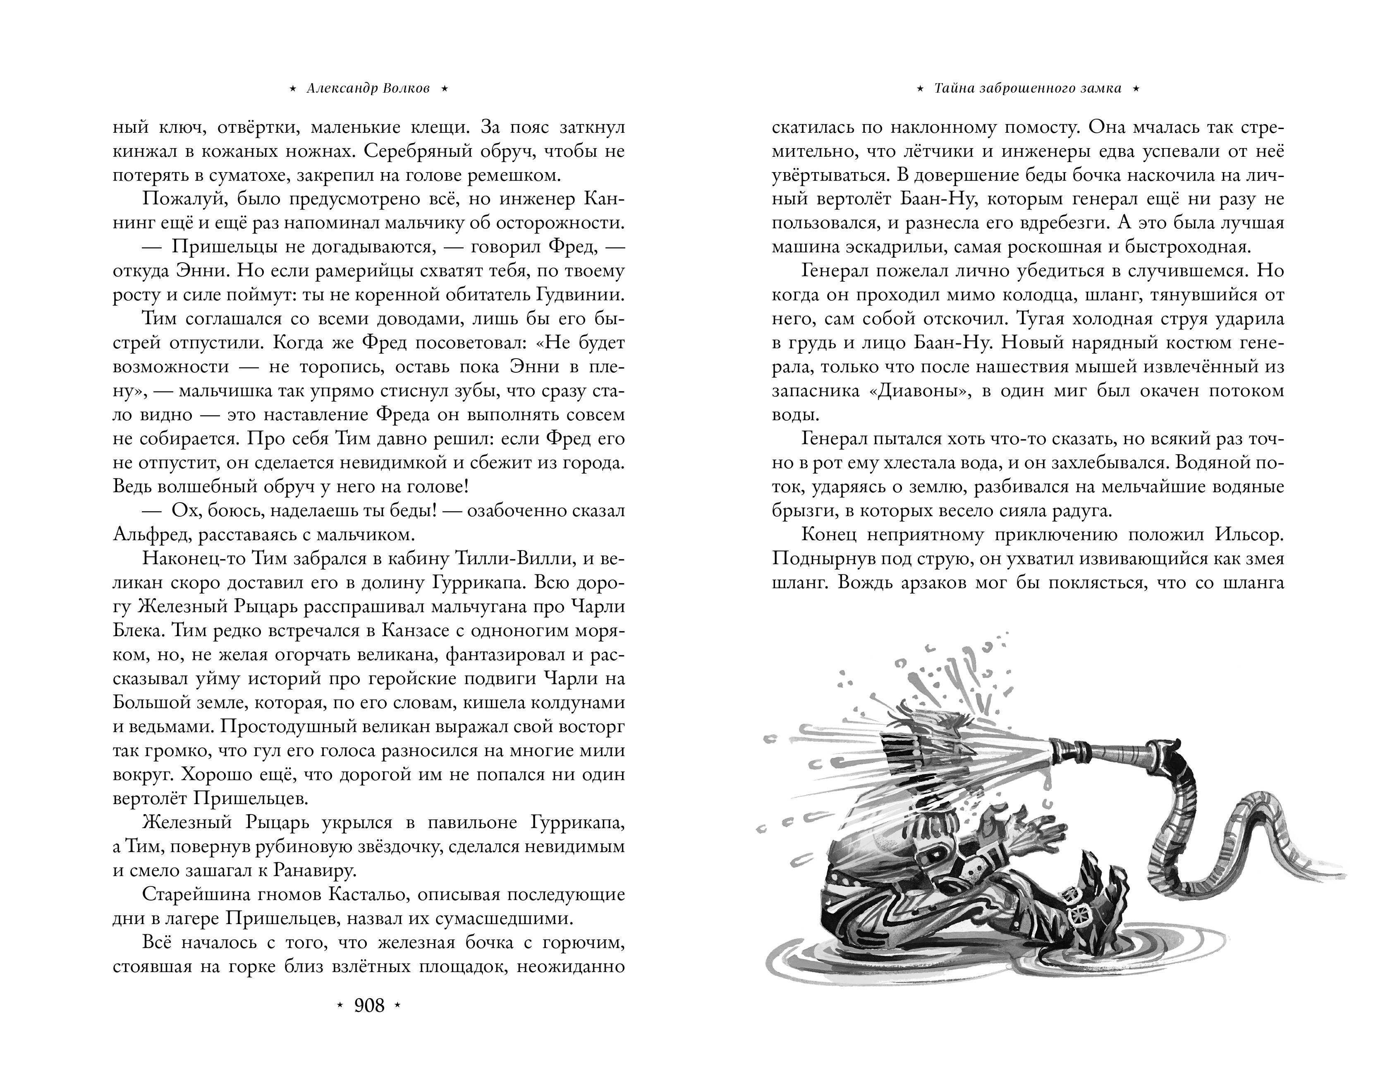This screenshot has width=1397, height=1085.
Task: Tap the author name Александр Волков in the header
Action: point(368,89)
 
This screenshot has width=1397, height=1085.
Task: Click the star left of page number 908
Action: point(340,1006)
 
